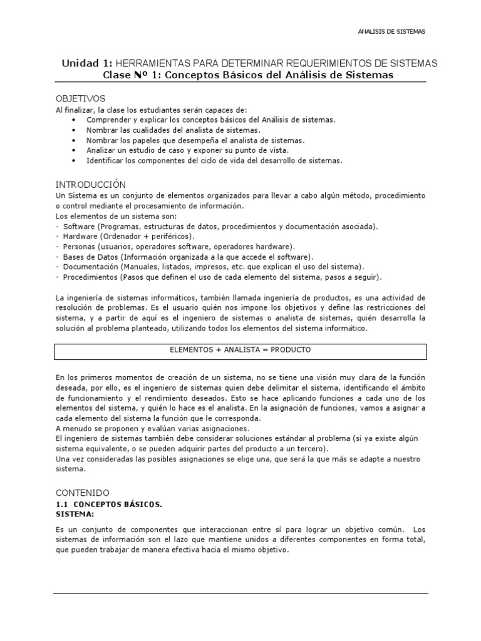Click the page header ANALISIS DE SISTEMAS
point(391,31)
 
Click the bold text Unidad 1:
point(86,64)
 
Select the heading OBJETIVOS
point(81,99)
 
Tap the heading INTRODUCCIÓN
point(91,185)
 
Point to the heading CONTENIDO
point(82,493)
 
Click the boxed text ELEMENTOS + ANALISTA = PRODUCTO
point(240,350)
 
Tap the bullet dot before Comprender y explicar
point(73,120)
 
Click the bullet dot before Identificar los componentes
point(73,161)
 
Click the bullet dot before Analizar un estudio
point(73,151)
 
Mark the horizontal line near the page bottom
point(240,593)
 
